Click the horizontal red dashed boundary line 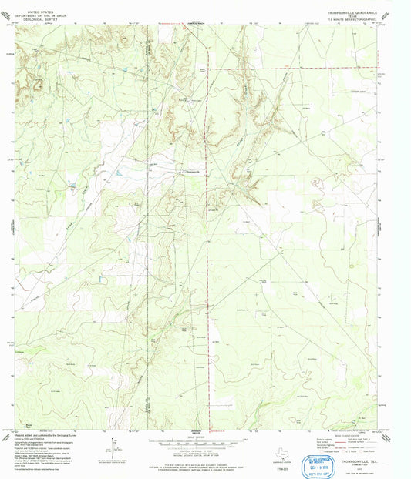(293, 69)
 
